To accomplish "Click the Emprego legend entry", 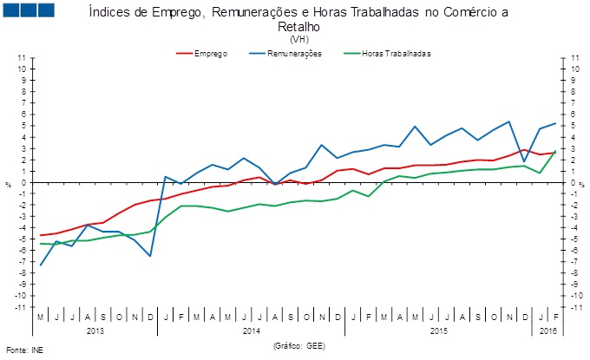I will pos(210,54).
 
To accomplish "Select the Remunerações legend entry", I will pos(295,54).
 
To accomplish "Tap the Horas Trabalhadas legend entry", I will pos(397,54).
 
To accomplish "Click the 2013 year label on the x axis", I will pos(95,331).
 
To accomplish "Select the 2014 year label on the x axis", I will pos(252,331).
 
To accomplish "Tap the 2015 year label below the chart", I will pos(440,331).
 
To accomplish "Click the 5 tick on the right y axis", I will pos(574,125).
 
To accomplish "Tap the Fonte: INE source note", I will pos(23,350).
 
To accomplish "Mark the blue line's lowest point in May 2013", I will pos(41,265).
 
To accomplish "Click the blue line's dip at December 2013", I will pos(150,256).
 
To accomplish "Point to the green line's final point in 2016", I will pos(555,151).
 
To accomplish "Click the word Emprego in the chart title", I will pos(186,13).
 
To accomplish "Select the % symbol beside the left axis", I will pos(10,183).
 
